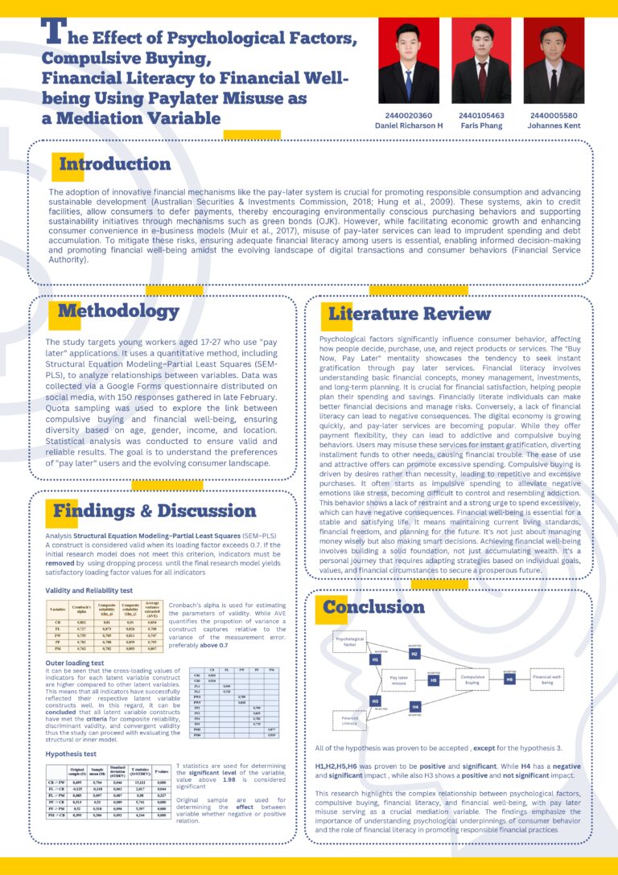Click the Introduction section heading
coord(114,165)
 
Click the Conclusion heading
coord(373,606)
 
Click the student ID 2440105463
coord(481,115)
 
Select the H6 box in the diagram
coord(509,680)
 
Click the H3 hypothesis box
coord(376,701)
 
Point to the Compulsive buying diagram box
coord(471,680)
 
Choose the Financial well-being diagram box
coord(547,680)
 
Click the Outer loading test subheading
coord(75,663)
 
